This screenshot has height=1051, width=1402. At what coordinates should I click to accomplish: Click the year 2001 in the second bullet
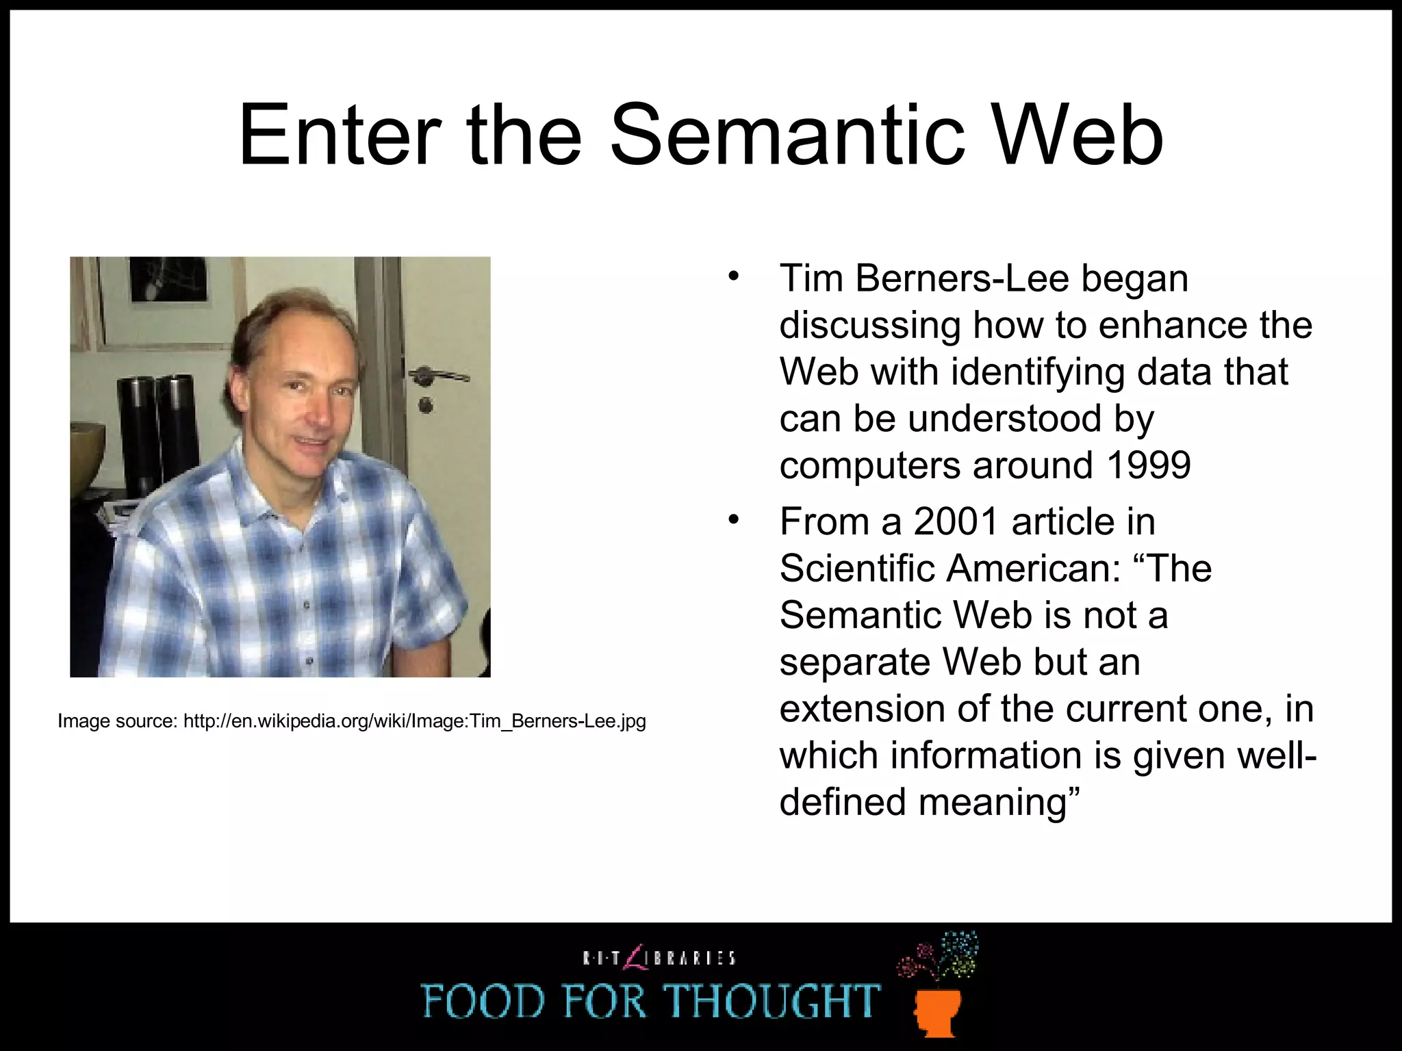point(956,521)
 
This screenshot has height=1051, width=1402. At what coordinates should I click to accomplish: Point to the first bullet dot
point(734,277)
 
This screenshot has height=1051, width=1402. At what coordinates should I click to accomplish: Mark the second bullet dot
point(734,520)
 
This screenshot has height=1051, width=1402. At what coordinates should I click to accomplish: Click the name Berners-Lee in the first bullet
point(962,278)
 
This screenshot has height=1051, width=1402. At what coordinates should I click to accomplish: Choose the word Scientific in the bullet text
point(855,569)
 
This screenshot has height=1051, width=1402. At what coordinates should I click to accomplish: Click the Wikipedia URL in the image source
point(414,721)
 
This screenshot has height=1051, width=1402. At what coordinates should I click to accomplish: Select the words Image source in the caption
point(116,721)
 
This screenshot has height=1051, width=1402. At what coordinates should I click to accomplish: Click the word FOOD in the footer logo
point(483,1001)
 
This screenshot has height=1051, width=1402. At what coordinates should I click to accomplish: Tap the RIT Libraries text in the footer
point(659,957)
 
